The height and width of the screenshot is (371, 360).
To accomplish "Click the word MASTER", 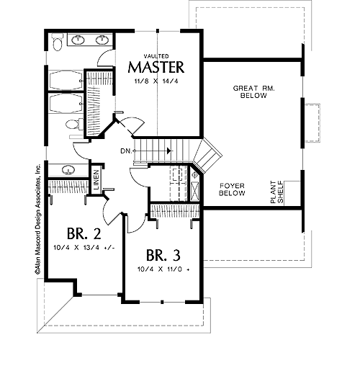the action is [156, 67].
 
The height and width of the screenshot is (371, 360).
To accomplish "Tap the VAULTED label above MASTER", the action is [156, 56].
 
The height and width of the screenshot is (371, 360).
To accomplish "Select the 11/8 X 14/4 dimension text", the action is [156, 81].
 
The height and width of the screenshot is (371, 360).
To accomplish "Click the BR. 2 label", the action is [84, 233].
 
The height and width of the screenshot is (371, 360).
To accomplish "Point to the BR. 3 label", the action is [163, 255].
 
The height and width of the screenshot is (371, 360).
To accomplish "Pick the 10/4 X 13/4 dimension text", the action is [84, 248].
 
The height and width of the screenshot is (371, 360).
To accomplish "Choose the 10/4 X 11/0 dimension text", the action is [163, 269].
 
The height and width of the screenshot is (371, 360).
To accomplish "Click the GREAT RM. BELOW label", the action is [254, 92].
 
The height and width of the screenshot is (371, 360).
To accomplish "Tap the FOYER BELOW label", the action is [232, 189].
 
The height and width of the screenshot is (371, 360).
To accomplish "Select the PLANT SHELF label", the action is [276, 192].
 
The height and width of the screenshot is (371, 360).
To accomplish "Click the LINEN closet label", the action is [96, 180].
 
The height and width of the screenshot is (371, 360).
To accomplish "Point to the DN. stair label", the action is [126, 151].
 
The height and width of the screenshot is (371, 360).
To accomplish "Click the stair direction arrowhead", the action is [170, 151].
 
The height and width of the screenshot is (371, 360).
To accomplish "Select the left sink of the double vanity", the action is [78, 40].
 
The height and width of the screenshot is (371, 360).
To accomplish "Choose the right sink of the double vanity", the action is [102, 40].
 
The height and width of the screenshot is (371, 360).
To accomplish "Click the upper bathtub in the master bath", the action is [66, 81].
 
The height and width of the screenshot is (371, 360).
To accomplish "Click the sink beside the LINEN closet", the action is [68, 170].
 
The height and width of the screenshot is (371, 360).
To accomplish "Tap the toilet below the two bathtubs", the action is [74, 124].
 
